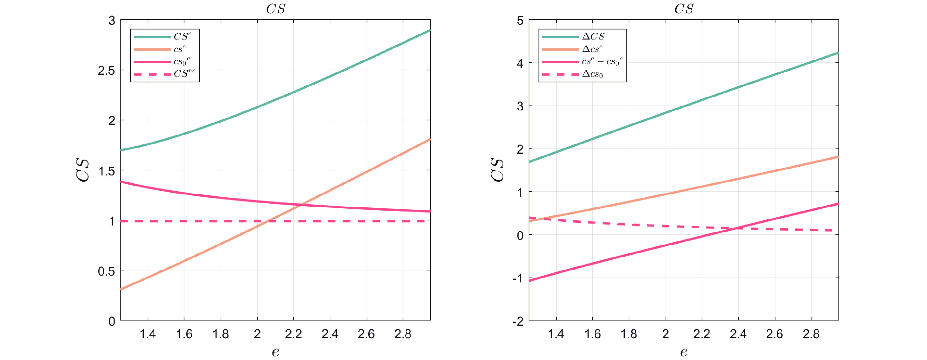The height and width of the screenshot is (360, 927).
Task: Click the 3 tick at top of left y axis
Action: click(x=112, y=21)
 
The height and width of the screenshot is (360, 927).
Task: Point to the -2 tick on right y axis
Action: click(x=518, y=321)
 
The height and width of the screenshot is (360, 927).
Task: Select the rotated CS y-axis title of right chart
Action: click(x=497, y=170)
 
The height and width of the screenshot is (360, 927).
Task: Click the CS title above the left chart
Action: click(x=276, y=9)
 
